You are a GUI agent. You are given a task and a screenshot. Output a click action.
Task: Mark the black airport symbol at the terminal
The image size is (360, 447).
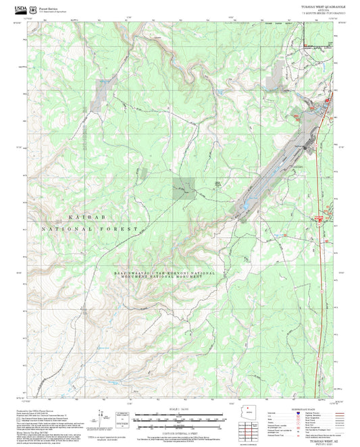click(305, 147)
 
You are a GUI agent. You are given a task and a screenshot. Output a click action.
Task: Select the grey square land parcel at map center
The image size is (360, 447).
click(183, 188)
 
